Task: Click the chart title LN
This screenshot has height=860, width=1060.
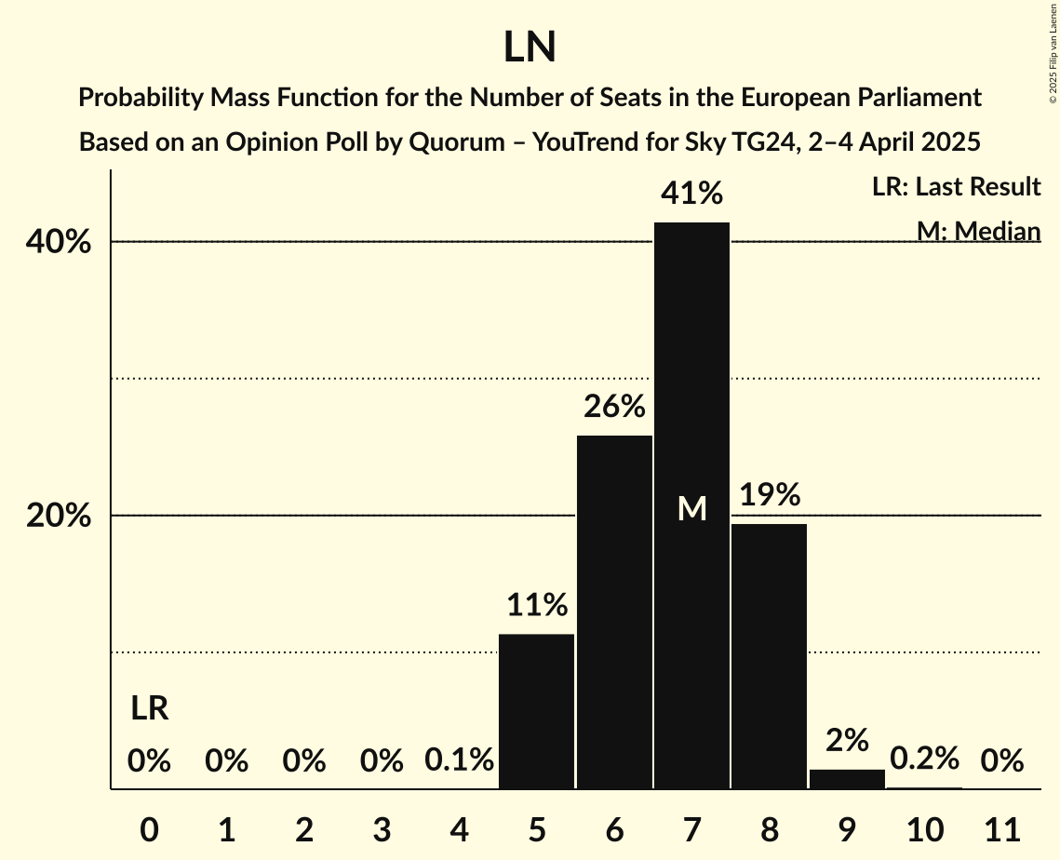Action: [x=530, y=47]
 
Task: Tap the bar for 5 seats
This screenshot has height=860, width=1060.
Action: [x=536, y=711]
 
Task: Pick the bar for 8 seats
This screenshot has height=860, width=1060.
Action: [x=769, y=656]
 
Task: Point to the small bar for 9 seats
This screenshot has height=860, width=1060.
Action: [x=847, y=779]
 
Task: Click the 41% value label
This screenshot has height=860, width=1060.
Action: [x=691, y=194]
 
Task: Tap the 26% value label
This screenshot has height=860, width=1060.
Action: [x=614, y=407]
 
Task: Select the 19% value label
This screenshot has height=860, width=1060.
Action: [x=770, y=495]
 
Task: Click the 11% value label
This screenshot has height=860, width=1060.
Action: [x=537, y=606]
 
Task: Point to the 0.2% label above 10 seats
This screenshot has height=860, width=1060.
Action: [x=924, y=759]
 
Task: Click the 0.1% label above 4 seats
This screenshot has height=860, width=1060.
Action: [x=459, y=761]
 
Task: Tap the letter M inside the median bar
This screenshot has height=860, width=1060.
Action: [x=691, y=508]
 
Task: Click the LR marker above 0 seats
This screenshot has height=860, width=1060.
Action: [x=149, y=709]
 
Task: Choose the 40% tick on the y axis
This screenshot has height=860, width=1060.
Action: [x=59, y=242]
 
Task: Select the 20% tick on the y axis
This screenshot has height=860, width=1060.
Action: [x=59, y=516]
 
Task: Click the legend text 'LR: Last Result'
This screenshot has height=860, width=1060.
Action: [x=956, y=187]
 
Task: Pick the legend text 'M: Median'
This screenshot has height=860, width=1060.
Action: [x=978, y=231]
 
